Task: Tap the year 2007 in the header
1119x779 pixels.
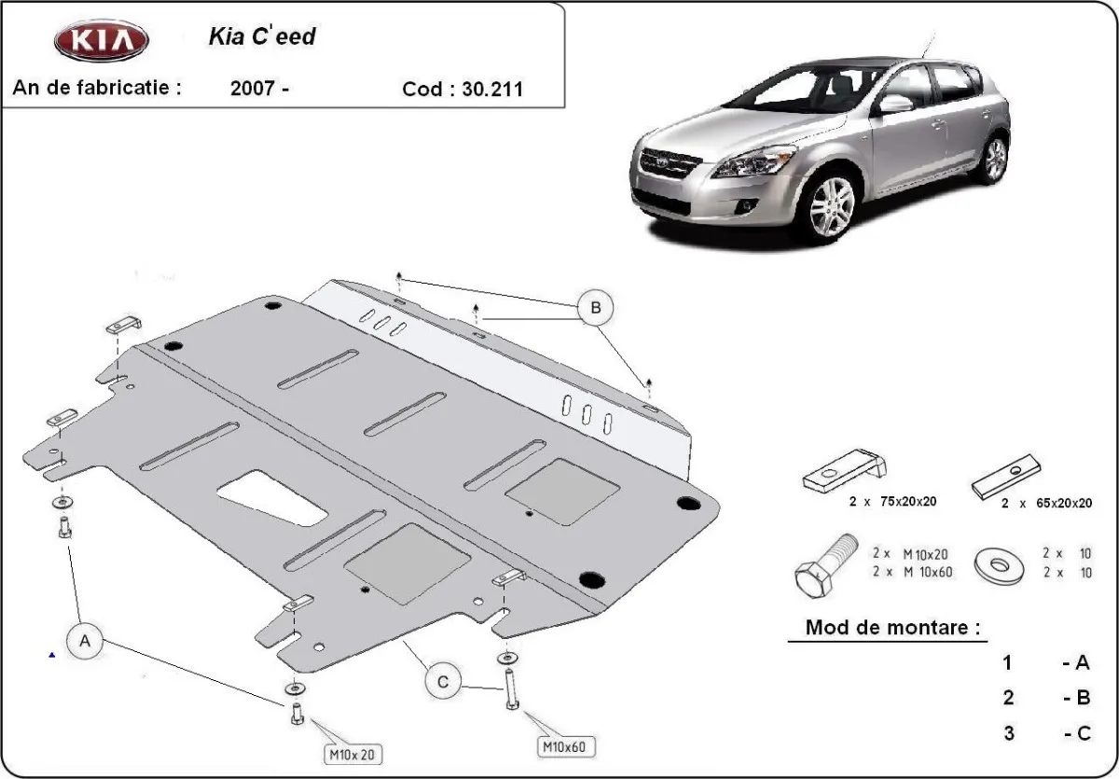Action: (x=252, y=90)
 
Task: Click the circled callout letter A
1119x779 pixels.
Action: (x=86, y=641)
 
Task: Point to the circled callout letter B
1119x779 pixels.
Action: (x=595, y=307)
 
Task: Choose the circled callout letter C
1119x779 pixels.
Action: (x=444, y=682)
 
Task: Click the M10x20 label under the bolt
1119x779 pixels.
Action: (x=353, y=753)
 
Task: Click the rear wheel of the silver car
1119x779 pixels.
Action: (x=995, y=160)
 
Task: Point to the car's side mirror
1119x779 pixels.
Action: (x=894, y=104)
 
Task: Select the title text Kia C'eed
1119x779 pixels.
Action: (x=261, y=37)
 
